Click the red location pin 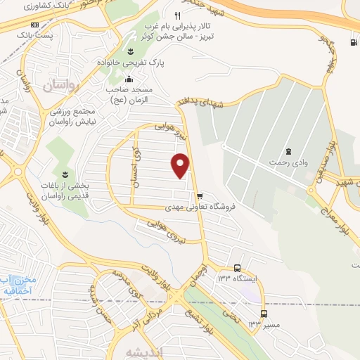tap(181, 165)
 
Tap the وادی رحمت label tap(288, 163)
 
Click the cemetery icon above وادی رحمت tap(288, 151)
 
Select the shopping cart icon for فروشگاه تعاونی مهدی tap(200, 196)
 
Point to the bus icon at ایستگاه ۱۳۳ tap(237, 268)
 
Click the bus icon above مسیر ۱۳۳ tap(264, 313)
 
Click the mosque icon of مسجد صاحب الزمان tap(129, 79)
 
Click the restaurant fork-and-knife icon tap(177, 15)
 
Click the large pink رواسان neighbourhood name tap(58, 86)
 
